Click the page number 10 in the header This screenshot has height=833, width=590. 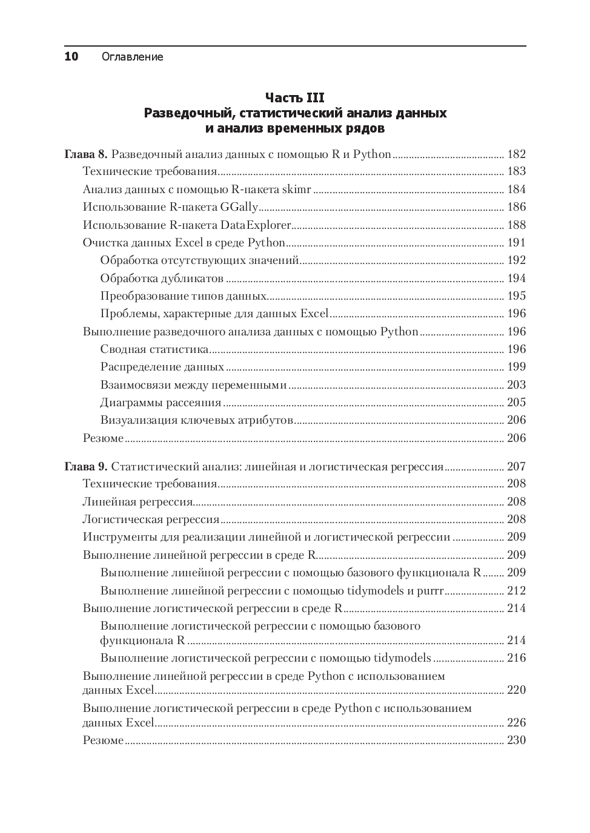click(x=71, y=57)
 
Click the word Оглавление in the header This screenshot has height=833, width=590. click(x=132, y=58)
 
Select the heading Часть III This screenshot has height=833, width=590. click(x=295, y=97)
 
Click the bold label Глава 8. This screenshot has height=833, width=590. click(x=85, y=154)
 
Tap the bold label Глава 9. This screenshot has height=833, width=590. click(x=85, y=466)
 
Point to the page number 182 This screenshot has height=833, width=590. click(x=516, y=154)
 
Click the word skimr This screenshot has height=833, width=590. click(x=297, y=189)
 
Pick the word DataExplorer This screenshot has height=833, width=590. click(x=256, y=225)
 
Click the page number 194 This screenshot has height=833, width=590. click(x=516, y=278)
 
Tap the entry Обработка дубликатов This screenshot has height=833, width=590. click(x=162, y=278)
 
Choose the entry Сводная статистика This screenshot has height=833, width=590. click(x=154, y=349)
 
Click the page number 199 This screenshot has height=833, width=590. click(x=516, y=367)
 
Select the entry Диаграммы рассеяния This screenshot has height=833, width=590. click(x=161, y=403)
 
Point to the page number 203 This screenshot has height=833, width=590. click(x=516, y=385)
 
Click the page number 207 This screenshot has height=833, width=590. click(x=516, y=466)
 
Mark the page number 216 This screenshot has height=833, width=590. click(x=516, y=658)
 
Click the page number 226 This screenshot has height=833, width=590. click(x=516, y=722)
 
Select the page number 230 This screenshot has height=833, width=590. click(x=516, y=740)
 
